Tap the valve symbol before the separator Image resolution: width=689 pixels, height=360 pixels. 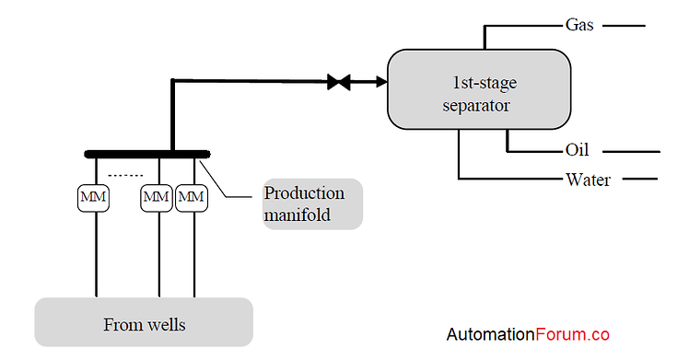[339, 83]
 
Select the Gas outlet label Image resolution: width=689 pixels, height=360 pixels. [579, 25]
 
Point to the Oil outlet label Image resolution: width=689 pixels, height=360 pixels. [577, 150]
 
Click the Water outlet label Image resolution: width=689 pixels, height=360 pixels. [588, 179]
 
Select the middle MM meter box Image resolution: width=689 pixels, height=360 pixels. [157, 197]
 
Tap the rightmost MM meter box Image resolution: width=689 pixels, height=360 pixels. [192, 197]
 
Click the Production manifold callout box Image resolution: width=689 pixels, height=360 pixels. [312, 204]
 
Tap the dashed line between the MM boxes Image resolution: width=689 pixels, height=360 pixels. [125, 175]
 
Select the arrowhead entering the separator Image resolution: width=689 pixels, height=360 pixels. [380, 83]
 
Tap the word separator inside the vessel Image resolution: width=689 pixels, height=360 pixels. [476, 105]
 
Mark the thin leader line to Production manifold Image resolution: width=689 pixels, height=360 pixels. [230, 184]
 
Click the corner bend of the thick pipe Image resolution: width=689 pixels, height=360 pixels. [173, 83]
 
